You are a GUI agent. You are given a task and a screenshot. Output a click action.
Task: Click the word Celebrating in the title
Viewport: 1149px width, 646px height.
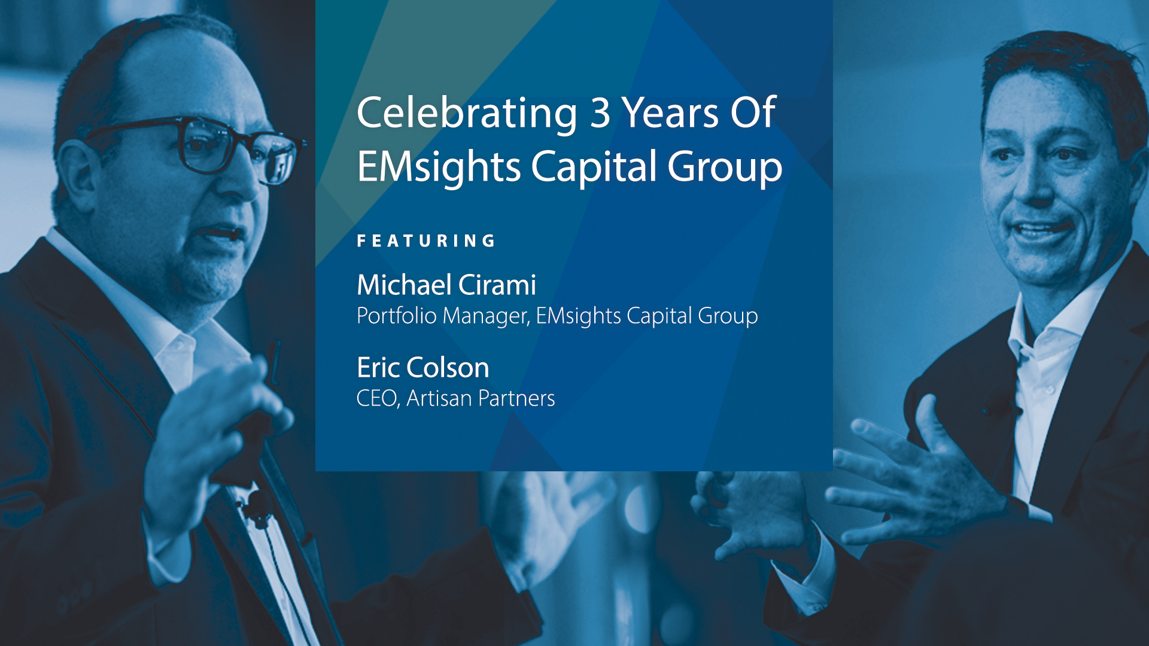467,114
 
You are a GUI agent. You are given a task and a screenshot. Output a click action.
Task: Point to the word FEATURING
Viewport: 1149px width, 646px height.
426,241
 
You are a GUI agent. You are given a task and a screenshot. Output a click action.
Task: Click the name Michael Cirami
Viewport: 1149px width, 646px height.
446,285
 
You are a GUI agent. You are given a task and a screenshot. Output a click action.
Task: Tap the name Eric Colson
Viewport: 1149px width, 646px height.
423,367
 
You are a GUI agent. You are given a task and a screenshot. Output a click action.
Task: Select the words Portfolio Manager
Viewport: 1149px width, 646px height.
443,316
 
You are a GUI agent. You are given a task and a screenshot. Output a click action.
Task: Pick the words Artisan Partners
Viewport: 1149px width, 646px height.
481,398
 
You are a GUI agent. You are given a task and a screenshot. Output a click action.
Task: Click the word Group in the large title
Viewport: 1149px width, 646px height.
725,167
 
